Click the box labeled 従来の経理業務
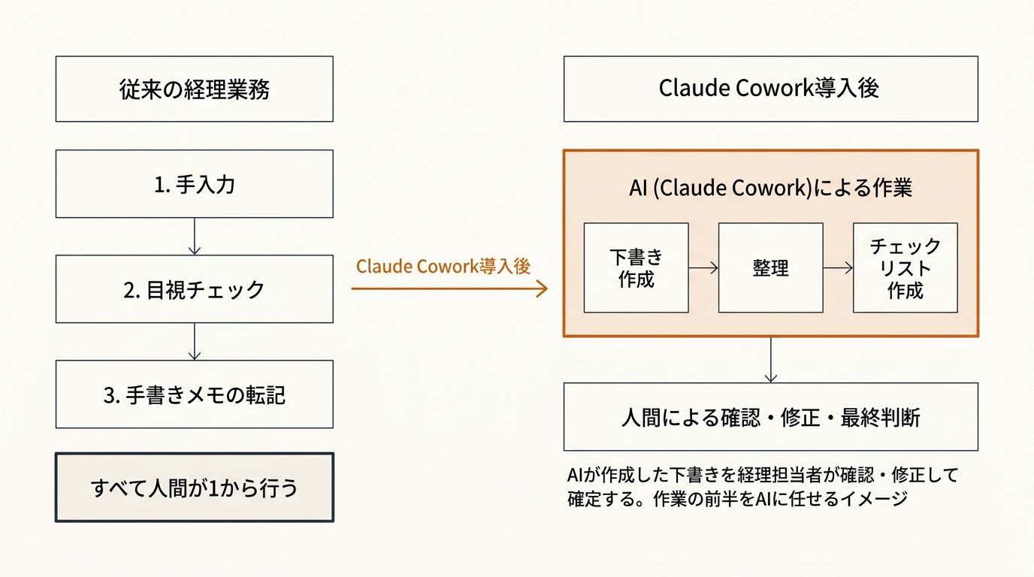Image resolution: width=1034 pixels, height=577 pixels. [194, 89]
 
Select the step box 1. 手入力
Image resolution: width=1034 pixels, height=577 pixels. [194, 184]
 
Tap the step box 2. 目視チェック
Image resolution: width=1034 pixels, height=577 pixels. [194, 289]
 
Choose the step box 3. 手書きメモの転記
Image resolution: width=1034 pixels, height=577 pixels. [194, 394]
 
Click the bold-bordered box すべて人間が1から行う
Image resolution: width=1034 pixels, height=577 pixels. [194, 488]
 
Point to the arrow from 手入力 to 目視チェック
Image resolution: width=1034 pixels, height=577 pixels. [195, 237]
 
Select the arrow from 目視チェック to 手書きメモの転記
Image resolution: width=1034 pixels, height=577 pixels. [195, 342]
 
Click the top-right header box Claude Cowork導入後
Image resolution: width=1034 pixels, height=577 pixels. [770, 89]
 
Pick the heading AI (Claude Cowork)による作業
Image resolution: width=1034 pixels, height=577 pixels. [770, 188]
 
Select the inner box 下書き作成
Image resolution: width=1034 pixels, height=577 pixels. [636, 268]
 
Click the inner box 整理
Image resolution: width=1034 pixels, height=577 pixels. [770, 268]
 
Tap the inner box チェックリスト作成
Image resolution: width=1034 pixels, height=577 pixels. [905, 268]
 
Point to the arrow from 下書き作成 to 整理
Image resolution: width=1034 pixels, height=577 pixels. [703, 267]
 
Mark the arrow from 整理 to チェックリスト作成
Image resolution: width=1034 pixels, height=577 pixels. [838, 267]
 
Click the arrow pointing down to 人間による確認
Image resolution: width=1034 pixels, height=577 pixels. [770, 360]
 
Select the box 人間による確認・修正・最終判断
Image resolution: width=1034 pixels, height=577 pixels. [770, 417]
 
